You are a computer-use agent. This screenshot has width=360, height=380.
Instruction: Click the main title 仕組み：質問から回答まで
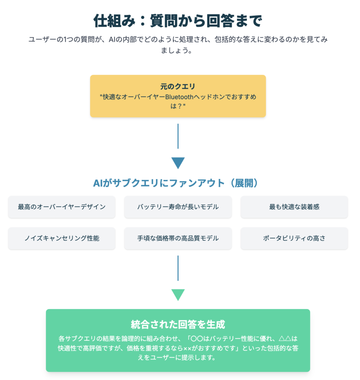point(178,21)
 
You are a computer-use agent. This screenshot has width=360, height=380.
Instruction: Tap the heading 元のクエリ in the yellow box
point(178,86)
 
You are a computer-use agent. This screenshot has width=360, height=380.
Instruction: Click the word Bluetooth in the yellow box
point(179,97)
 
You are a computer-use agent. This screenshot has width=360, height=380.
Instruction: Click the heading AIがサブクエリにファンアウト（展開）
point(176,183)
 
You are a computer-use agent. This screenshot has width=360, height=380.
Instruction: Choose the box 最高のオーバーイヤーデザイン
point(62,207)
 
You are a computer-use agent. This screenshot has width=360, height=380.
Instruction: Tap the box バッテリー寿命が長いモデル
point(178,207)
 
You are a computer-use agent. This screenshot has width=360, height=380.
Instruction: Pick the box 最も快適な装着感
point(294,207)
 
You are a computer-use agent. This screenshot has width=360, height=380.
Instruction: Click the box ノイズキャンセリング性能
point(62,238)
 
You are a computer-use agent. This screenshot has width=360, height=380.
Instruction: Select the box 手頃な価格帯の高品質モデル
point(178,238)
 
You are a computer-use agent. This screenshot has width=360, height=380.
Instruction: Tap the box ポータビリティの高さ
point(294,238)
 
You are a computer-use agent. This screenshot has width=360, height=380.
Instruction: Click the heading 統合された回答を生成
point(178,324)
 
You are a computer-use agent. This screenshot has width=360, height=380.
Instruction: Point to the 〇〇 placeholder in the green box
point(197,338)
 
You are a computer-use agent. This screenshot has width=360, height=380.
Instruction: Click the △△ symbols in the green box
point(285,338)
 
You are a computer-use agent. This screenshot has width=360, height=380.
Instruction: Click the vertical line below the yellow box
point(178,136)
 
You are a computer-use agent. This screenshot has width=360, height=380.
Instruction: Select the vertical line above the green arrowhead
point(178,268)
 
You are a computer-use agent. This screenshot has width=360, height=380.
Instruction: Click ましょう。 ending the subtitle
point(177,50)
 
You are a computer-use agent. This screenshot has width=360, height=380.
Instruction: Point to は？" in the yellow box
point(178,106)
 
